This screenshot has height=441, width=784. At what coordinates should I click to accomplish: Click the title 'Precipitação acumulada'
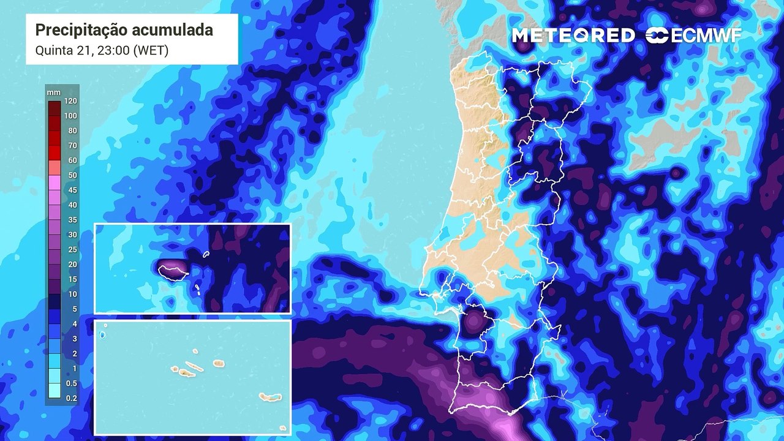point(124,30)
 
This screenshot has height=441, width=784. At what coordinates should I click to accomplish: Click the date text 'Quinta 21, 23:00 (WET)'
point(102,50)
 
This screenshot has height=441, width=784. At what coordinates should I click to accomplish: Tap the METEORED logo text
point(573,36)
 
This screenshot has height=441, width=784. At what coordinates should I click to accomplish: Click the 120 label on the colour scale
point(70,101)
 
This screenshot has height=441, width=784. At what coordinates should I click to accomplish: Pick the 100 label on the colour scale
point(70,116)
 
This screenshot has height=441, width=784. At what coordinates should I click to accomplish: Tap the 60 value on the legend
point(72,160)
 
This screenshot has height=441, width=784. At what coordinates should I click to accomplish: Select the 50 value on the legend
point(72,175)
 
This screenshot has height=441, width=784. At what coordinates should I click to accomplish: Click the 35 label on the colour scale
point(72,220)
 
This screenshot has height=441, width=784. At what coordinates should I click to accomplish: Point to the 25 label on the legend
point(72,249)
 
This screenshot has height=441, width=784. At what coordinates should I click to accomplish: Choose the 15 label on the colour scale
point(72,279)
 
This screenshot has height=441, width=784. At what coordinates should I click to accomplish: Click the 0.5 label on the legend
point(71,383)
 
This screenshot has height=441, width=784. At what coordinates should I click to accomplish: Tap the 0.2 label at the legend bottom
point(71,398)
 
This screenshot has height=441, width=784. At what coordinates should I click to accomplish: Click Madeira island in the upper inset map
point(173,270)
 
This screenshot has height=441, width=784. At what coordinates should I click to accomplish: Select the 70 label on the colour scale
point(72,146)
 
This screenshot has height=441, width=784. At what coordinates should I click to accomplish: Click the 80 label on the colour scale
point(72,130)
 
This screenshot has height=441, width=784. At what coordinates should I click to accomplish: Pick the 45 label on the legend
point(72,190)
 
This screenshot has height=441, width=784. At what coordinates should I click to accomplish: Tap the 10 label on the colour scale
point(72,294)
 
